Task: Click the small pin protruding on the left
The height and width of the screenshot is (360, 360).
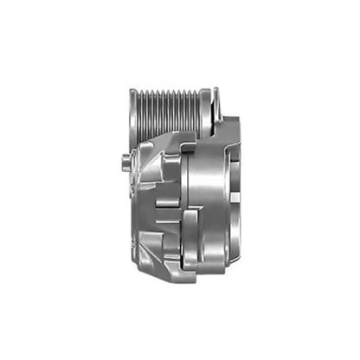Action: (126, 157)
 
